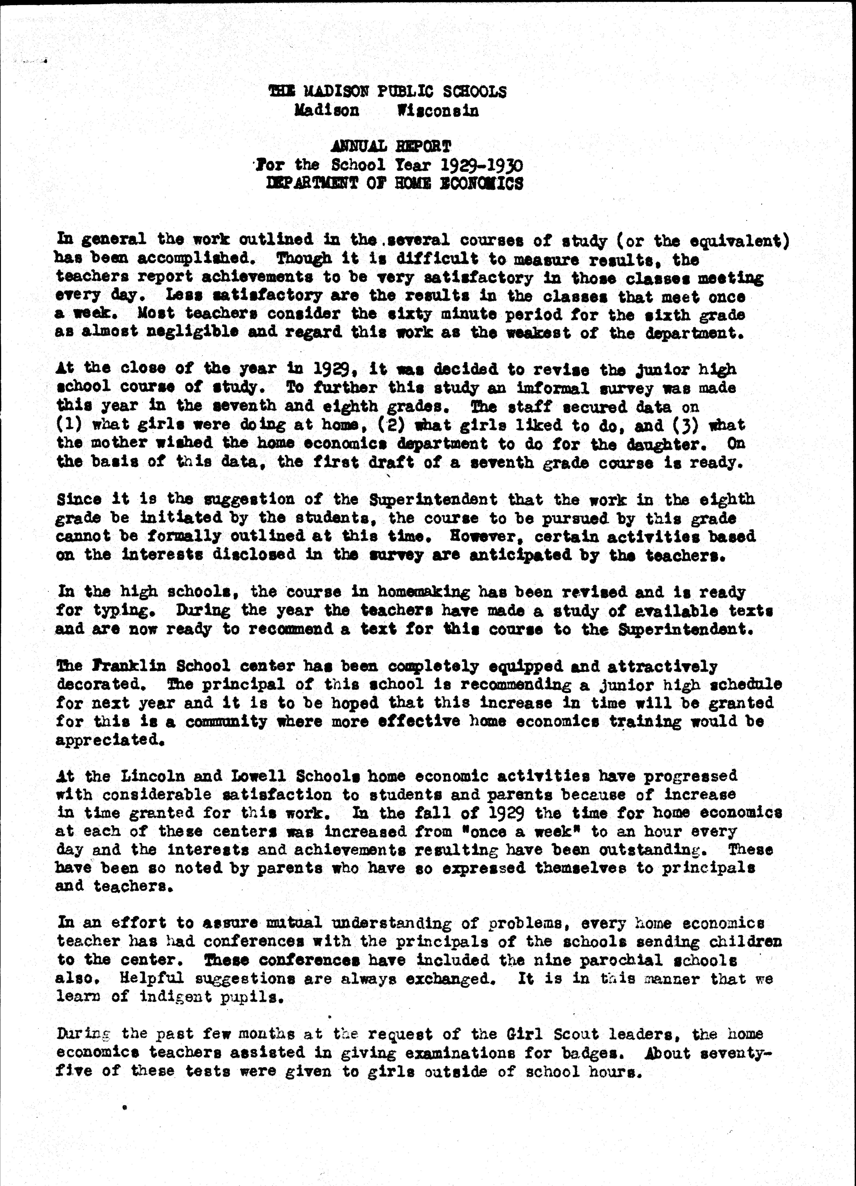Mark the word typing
coord(125,611)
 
